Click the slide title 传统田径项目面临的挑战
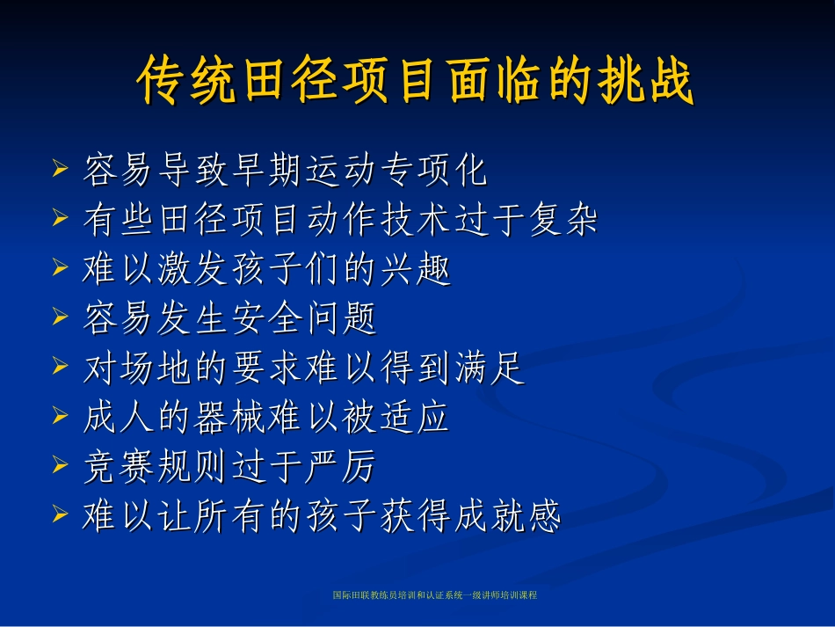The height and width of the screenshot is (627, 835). click(x=416, y=84)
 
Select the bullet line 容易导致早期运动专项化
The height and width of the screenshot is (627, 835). click(x=285, y=171)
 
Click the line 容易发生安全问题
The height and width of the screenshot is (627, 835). click(x=229, y=319)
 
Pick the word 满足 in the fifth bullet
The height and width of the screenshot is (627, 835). click(x=489, y=369)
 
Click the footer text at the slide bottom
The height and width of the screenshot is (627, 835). click(x=435, y=595)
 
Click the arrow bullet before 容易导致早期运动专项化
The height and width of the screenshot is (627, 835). click(x=61, y=166)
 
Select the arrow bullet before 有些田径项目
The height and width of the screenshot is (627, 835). click(x=61, y=216)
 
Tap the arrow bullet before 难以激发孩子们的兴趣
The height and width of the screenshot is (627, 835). click(x=61, y=266)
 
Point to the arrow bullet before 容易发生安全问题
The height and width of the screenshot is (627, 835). click(x=61, y=316)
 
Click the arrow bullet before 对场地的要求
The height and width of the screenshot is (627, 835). click(x=61, y=365)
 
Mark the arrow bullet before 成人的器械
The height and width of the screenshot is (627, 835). click(x=61, y=415)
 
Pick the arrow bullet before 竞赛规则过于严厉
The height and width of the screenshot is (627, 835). click(x=61, y=464)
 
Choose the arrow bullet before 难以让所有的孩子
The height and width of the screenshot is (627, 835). click(x=61, y=514)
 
